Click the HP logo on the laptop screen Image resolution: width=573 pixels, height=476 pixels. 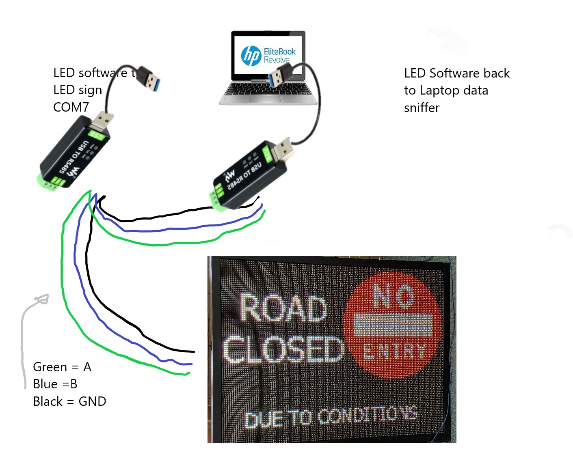point(251,56)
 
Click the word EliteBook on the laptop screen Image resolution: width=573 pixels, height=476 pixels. point(280,52)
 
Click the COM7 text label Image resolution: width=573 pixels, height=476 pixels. point(71,107)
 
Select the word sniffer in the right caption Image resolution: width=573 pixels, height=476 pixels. point(422,108)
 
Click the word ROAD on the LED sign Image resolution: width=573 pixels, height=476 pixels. point(283,308)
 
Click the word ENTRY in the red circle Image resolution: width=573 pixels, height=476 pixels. point(394,351)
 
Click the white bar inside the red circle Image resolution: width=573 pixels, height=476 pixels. point(393,324)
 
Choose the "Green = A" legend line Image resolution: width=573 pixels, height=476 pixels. point(62,367)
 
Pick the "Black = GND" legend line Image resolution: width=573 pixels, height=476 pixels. point(69,401)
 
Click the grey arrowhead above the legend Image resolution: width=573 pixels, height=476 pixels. point(42,300)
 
